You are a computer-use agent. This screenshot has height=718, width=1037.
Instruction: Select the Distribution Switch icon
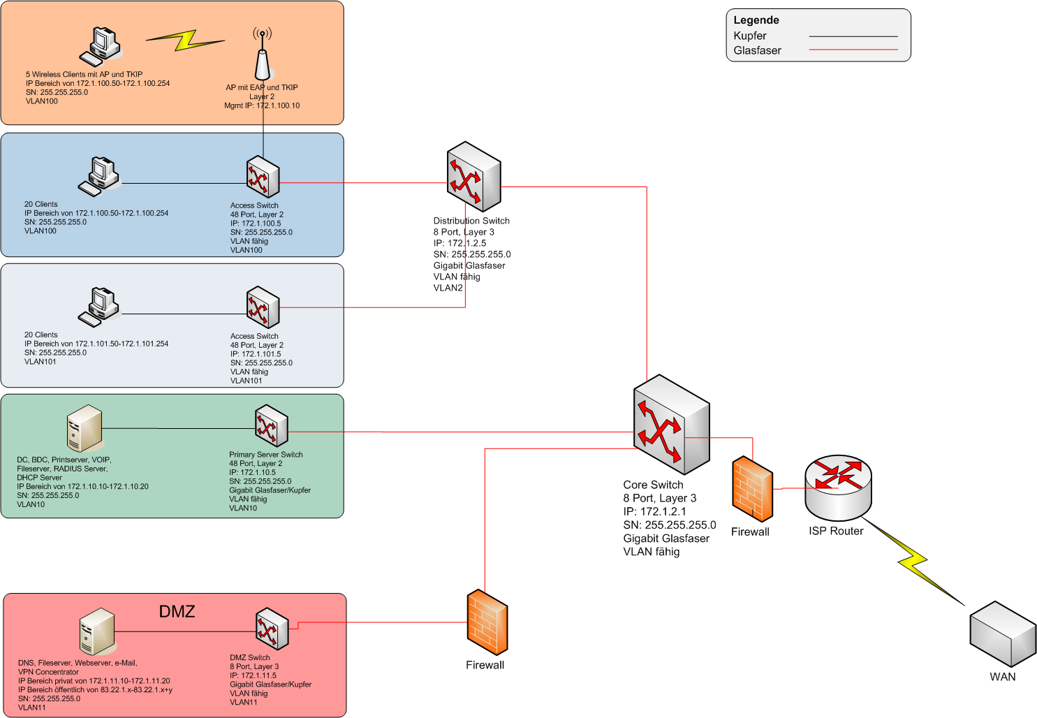pyautogui.click(x=473, y=177)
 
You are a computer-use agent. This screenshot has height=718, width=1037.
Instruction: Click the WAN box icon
pyautogui.click(x=1003, y=633)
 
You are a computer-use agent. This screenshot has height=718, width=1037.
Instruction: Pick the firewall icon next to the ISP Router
pyautogui.click(x=752, y=489)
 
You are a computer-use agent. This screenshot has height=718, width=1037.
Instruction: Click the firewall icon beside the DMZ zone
pyautogui.click(x=487, y=622)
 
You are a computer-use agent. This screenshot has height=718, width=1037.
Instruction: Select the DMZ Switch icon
pyautogui.click(x=271, y=629)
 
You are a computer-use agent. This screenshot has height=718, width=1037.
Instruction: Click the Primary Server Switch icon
pyautogui.click(x=271, y=425)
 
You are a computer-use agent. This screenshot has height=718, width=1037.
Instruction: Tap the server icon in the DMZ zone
pyautogui.click(x=96, y=631)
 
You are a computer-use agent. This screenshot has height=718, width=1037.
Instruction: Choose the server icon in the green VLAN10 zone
pyautogui.click(x=84, y=427)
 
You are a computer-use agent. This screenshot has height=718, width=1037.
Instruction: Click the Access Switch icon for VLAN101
pyautogui.click(x=263, y=307)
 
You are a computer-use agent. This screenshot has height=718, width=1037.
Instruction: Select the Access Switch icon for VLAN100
pyautogui.click(x=263, y=177)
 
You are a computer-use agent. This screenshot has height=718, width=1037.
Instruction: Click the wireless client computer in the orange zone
pyautogui.click(x=101, y=46)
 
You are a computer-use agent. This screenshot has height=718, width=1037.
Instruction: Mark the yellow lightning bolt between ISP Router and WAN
pyautogui.click(x=915, y=561)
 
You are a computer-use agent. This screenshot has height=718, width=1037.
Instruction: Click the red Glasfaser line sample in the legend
pyautogui.click(x=853, y=50)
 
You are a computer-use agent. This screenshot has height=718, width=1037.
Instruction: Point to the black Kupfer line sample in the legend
pyautogui.click(x=853, y=36)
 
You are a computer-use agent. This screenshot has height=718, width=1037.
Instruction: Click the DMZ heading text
pyautogui.click(x=177, y=611)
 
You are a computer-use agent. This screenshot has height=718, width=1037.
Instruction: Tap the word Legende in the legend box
pyautogui.click(x=756, y=20)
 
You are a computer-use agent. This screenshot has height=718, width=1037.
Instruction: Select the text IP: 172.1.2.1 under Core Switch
pyautogui.click(x=654, y=511)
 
